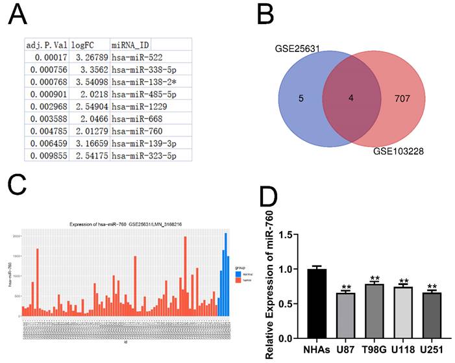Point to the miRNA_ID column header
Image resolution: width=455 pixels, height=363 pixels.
[x=130, y=45]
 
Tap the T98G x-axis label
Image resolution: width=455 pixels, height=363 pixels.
[x=375, y=350]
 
